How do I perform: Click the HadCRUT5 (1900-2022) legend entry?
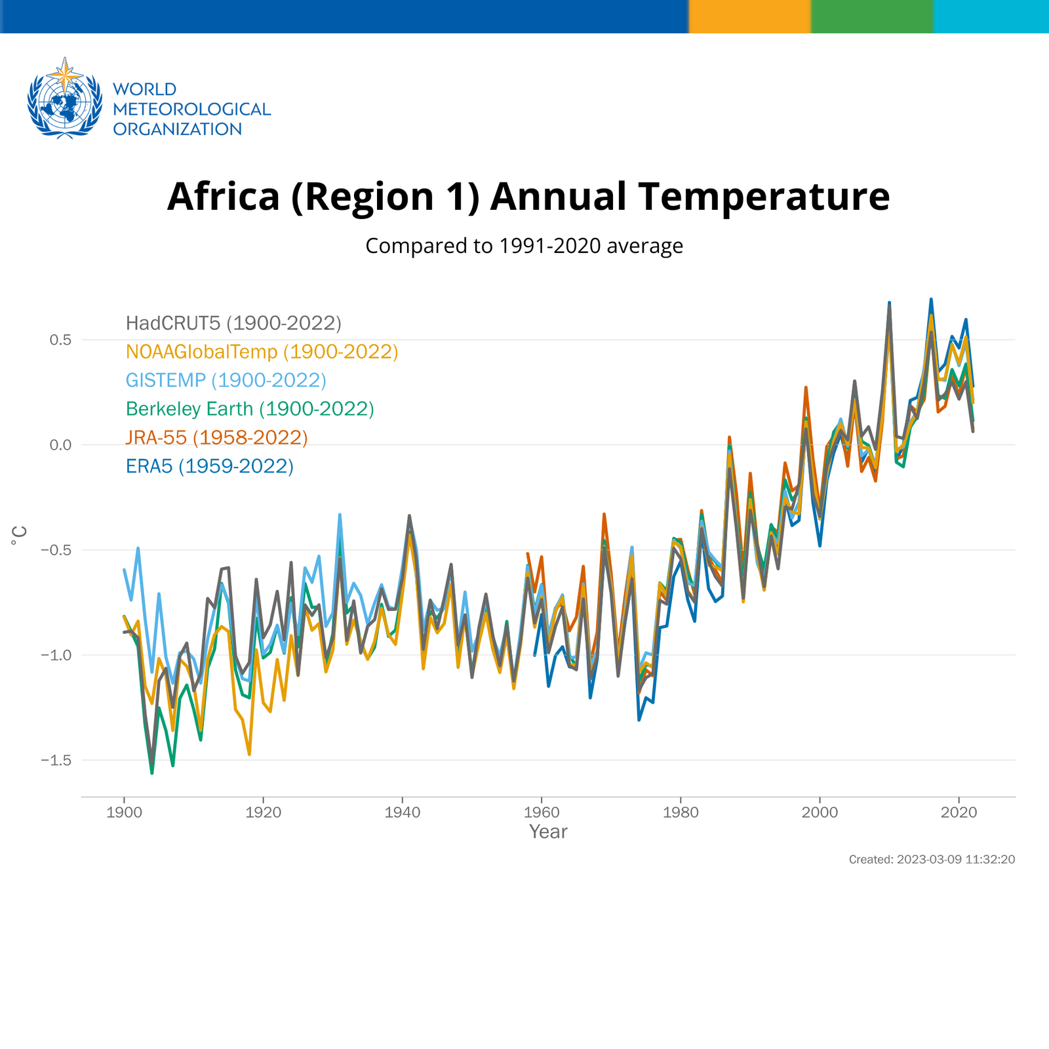click(233, 323)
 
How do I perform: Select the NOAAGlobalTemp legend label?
click(262, 352)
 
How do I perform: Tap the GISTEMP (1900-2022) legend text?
click(226, 380)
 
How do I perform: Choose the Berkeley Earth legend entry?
click(250, 409)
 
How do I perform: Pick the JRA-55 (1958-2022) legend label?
click(216, 437)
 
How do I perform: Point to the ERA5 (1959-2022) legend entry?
click(209, 466)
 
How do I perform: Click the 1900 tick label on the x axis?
click(124, 813)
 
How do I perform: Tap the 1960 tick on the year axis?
click(542, 813)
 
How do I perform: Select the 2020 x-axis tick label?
click(959, 813)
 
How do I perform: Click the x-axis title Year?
click(548, 832)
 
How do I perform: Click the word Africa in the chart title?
click(223, 197)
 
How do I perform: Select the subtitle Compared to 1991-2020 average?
click(524, 246)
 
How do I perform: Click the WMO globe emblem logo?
click(64, 98)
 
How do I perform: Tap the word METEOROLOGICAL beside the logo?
click(191, 109)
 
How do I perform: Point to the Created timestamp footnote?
click(931, 860)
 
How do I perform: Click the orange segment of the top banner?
click(749, 16)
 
